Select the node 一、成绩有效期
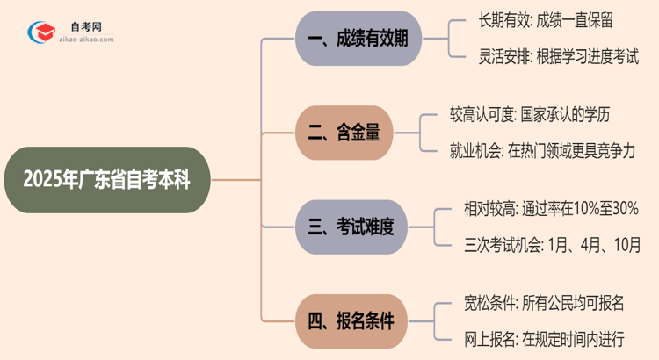[x=358, y=38]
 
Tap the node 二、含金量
[x=343, y=133]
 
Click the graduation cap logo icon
[x=40, y=32]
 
